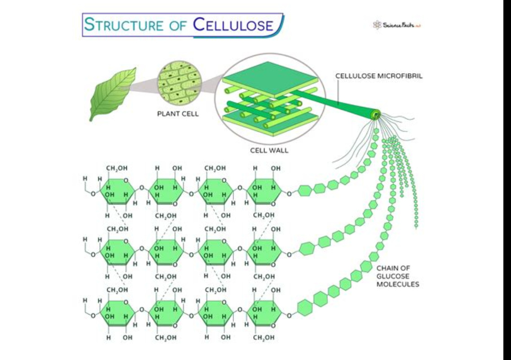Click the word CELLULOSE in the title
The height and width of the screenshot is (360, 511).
(x=233, y=24)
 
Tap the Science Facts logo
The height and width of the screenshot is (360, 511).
(x=398, y=25)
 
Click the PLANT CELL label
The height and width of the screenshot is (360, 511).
(x=178, y=114)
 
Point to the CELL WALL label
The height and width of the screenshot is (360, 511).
(x=269, y=150)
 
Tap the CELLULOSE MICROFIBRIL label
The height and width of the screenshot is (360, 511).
(x=379, y=76)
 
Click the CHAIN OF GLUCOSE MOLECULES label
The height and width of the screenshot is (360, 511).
(x=398, y=276)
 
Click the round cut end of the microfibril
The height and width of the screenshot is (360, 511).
(x=375, y=114)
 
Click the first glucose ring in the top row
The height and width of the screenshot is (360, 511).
(x=116, y=190)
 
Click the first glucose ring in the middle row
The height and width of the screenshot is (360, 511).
(x=116, y=250)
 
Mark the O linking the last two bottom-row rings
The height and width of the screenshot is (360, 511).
(x=240, y=309)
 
